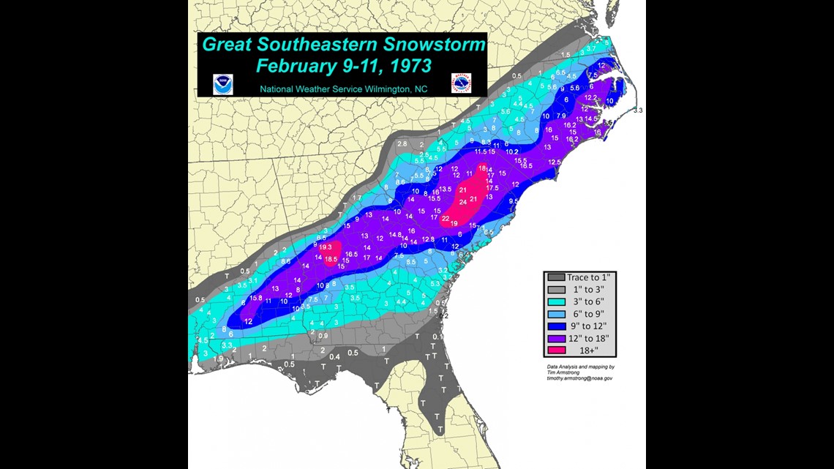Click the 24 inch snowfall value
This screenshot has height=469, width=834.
(x=462, y=202)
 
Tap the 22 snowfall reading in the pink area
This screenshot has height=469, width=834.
(x=445, y=218)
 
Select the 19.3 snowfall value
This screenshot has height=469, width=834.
(x=326, y=247)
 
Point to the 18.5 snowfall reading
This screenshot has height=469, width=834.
(x=331, y=259)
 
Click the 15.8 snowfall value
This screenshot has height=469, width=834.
(x=256, y=298)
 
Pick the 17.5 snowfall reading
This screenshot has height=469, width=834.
(x=492, y=188)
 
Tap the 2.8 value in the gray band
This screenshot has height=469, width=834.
(x=402, y=144)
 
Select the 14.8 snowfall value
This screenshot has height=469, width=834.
(x=395, y=235)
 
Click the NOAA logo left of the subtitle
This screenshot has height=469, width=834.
(x=222, y=84)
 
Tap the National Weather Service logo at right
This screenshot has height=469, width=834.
(x=461, y=83)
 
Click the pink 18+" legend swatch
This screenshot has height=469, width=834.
(x=555, y=351)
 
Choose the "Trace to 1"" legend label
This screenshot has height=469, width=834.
(x=588, y=278)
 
